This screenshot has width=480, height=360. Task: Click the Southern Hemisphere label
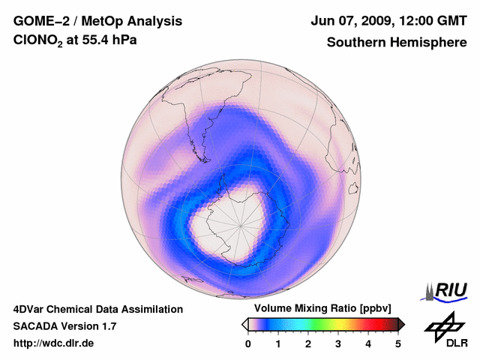pyautogui.click(x=397, y=43)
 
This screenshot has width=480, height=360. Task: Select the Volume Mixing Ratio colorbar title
pyautogui.click(x=322, y=309)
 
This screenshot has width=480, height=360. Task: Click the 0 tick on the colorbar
pyautogui.click(x=248, y=343)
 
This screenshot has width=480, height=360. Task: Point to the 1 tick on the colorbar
pyautogui.click(x=278, y=343)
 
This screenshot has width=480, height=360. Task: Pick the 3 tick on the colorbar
pyautogui.click(x=338, y=343)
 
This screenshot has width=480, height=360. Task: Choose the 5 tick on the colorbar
pyautogui.click(x=398, y=343)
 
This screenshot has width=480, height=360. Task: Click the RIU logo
pyautogui.click(x=448, y=289)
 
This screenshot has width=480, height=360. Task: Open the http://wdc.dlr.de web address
pyautogui.click(x=54, y=343)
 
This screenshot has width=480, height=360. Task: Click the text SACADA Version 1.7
pyautogui.click(x=64, y=326)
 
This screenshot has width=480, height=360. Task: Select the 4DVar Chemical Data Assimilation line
pyautogui.click(x=97, y=309)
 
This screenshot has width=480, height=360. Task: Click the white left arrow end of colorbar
pyautogui.click(x=244, y=324)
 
